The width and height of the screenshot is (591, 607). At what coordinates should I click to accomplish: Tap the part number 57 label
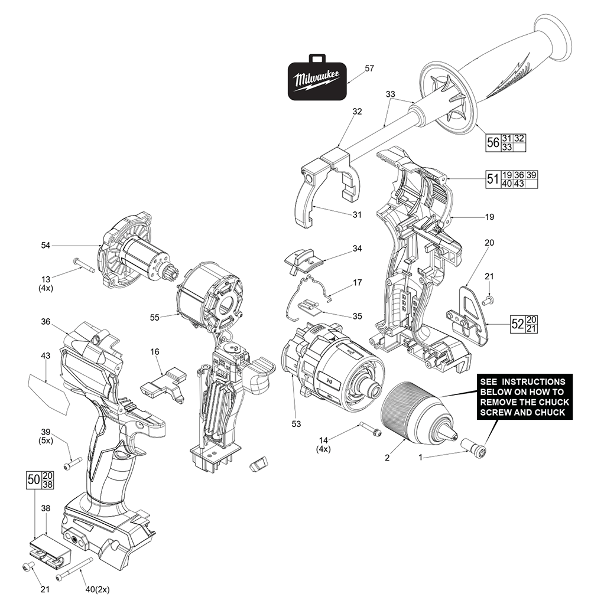click(x=369, y=68)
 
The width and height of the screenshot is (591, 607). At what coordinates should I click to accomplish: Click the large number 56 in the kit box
click(x=492, y=142)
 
